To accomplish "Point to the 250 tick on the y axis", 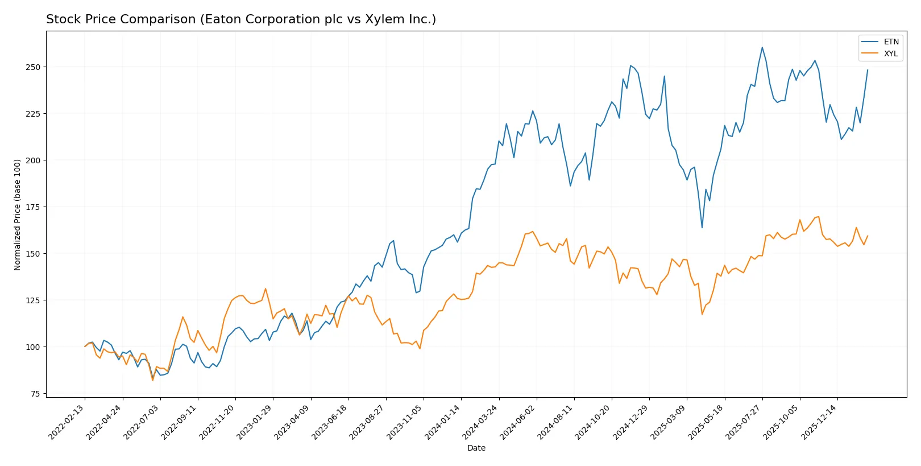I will pos(33,67).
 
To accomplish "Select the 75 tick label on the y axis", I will pos(35,394).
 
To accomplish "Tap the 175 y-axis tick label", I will pos(33,207).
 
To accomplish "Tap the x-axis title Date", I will pos(476,448).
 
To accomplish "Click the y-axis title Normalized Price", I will pos(18,215).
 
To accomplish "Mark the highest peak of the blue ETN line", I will pos(762,47).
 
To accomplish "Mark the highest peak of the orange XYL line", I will pos(818,216).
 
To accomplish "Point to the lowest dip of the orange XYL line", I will pos(152,380).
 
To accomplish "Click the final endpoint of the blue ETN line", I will pos(868,70).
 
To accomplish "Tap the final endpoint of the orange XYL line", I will pos(868,236).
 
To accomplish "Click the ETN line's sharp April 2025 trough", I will pos(702,228).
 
